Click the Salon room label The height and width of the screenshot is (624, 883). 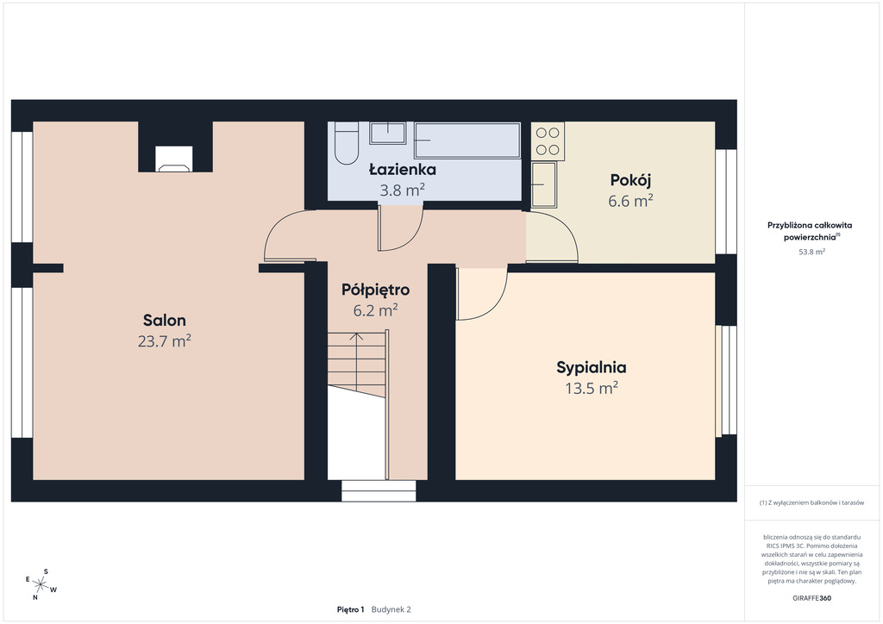tap(165, 320)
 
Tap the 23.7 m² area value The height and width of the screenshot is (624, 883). tap(165, 341)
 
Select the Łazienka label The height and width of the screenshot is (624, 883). tap(403, 170)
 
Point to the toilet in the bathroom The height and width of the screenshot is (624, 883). tap(347, 144)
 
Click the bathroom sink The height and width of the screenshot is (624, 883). tap(388, 133)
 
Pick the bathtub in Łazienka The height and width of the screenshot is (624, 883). tap(467, 140)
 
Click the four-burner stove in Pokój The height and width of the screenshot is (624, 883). tap(548, 141)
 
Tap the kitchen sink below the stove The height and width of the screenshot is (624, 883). tap(544, 184)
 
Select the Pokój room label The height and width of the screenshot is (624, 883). tap(630, 180)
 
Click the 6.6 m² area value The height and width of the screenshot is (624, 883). tap(630, 201)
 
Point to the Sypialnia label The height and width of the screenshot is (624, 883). tap(592, 367)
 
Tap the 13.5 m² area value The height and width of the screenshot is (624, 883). tap(592, 388)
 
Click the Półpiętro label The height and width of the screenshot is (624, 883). tap(376, 290)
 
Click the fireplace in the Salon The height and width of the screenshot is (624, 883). tap(174, 159)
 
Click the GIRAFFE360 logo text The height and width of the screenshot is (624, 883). tap(811, 598)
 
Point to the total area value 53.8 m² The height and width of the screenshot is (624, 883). tap(812, 252)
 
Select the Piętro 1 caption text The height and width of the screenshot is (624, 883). tap(351, 609)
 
